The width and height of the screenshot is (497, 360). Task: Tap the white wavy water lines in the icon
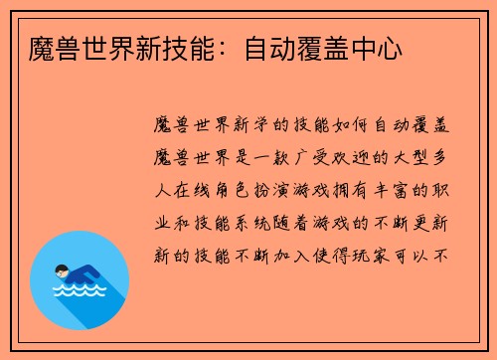[79, 292]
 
